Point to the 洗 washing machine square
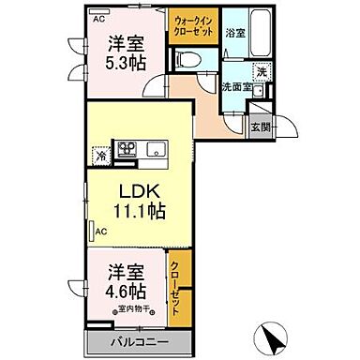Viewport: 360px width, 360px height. pos(262,72)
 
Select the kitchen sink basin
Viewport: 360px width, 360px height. pos(156,150)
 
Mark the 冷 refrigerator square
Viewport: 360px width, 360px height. pos(99,157)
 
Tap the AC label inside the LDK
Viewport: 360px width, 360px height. pos(100,228)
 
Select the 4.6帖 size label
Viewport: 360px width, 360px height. pos(124,289)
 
